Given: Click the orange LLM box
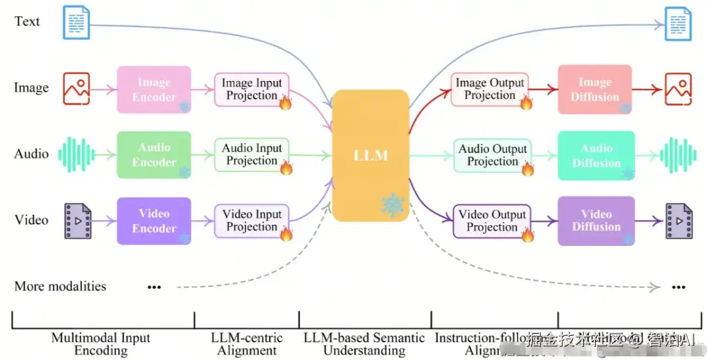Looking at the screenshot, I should click(371, 156).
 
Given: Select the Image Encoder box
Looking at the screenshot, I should click(154, 90).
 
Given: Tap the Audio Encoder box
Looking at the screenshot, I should click(154, 155).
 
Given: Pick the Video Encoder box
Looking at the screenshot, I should click(154, 221).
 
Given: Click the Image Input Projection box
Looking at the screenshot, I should click(251, 90).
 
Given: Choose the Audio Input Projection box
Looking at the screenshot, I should click(251, 155).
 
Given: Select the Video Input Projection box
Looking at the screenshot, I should click(251, 221).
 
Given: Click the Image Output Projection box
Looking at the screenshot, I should click(490, 89).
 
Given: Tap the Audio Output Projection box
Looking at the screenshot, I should click(492, 156).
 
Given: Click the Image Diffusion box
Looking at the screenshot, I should click(594, 90).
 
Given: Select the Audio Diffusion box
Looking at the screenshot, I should click(596, 156).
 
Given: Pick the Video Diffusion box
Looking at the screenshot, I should click(596, 221).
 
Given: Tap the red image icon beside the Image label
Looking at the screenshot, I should click(77, 88).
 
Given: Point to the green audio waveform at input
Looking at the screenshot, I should click(71, 154).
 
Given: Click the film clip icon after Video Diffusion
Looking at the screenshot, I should click(679, 221).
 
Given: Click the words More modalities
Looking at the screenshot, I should click(60, 286).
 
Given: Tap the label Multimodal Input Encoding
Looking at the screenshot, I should click(101, 344).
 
